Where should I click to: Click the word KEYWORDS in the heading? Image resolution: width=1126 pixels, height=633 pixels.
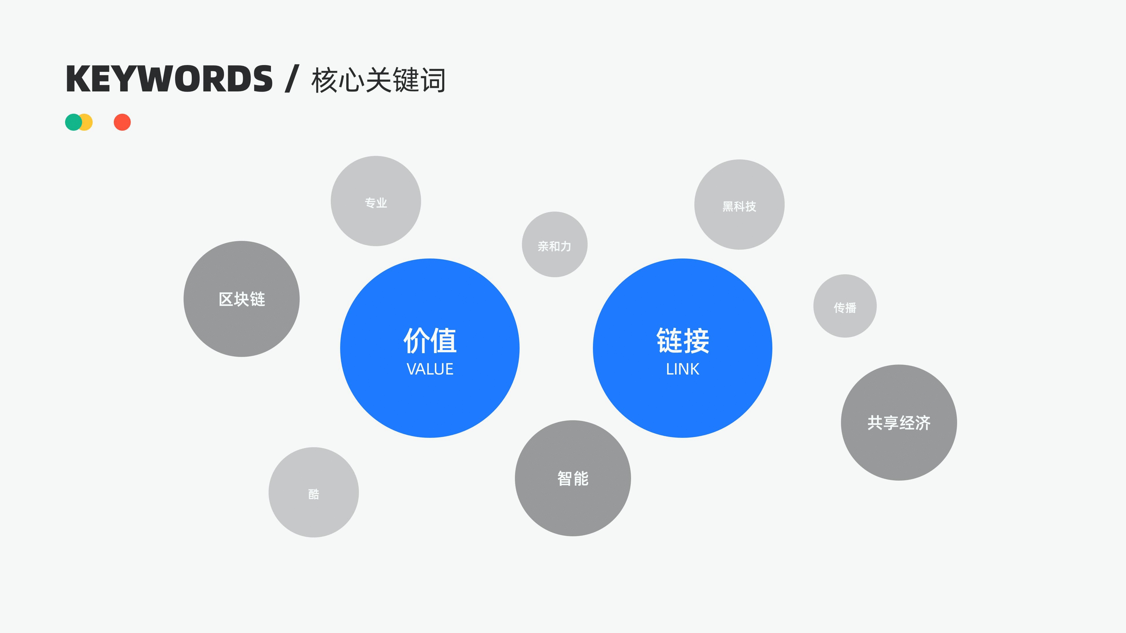(169, 79)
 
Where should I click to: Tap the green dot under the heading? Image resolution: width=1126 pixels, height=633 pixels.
(72, 122)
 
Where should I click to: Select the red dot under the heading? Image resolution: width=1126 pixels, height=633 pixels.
(122, 122)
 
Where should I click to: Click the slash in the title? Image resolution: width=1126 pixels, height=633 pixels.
(291, 79)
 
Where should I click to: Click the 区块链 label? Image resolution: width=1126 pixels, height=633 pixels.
(242, 299)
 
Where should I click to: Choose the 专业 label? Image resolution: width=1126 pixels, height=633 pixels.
(376, 203)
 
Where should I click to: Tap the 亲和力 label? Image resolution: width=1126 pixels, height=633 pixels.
(554, 246)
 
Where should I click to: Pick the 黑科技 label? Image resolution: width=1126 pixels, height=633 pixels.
(739, 206)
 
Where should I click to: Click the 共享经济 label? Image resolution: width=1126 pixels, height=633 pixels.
(899, 423)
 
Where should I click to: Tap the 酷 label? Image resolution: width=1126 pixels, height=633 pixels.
(313, 494)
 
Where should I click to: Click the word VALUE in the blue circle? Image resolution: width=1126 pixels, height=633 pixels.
(430, 369)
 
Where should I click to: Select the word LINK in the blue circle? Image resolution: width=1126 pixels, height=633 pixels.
(682, 369)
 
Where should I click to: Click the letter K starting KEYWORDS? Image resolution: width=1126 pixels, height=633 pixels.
(77, 79)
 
